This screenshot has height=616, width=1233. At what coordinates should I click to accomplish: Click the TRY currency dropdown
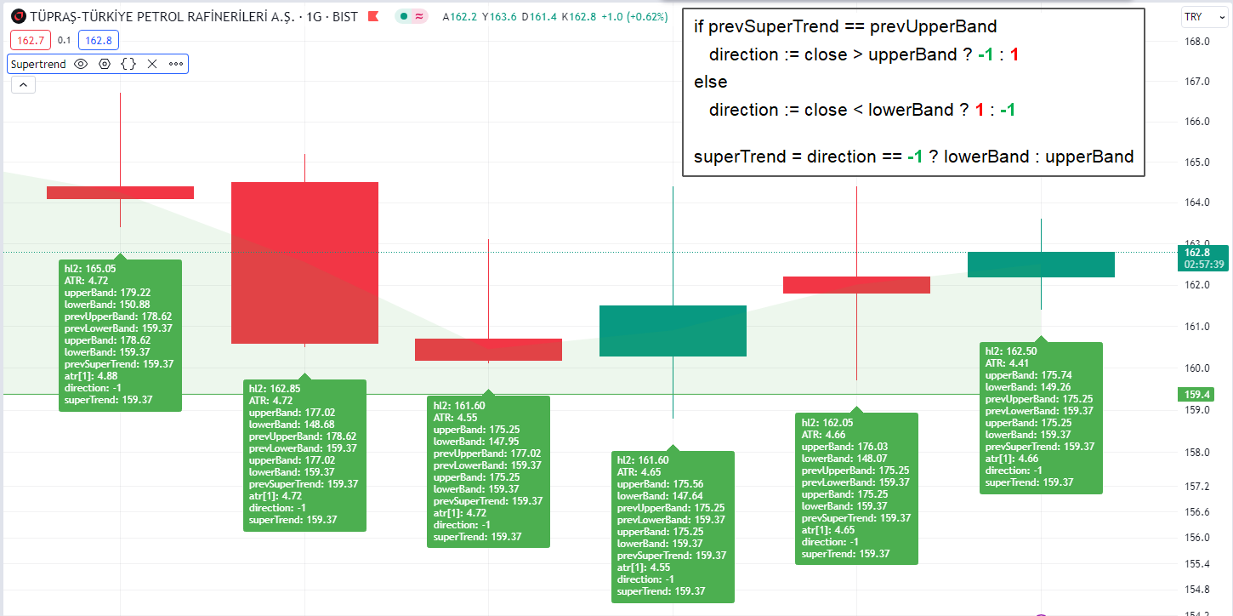pyautogui.click(x=1198, y=17)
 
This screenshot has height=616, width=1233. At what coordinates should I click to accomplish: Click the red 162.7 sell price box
pyautogui.click(x=31, y=40)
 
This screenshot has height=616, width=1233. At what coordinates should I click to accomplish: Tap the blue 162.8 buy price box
pyautogui.click(x=99, y=40)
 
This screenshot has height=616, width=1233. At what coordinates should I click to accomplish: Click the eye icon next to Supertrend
pyautogui.click(x=82, y=64)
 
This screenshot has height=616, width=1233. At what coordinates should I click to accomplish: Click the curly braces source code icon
pyautogui.click(x=128, y=64)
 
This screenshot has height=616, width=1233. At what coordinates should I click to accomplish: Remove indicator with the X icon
pyautogui.click(x=152, y=64)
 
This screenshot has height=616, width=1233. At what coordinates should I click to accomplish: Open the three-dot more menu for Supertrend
pyautogui.click(x=176, y=64)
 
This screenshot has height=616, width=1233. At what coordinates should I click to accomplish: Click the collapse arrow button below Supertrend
pyautogui.click(x=23, y=84)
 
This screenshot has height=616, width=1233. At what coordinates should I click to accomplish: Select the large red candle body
pyautogui.click(x=304, y=262)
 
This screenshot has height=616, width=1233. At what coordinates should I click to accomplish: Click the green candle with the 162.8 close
pyautogui.click(x=1041, y=265)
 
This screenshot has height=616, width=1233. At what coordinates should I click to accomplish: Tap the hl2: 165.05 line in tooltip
pyautogui.click(x=90, y=268)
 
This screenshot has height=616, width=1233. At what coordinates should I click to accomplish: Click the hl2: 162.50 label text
pyautogui.click(x=1011, y=351)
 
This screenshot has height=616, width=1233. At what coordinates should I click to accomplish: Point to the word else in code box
pyautogui.click(x=711, y=83)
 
